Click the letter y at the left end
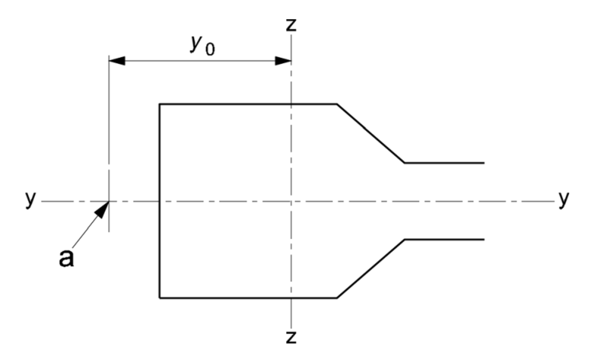click(x=30, y=199)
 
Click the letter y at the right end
click(x=564, y=199)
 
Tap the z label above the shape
click(x=291, y=24)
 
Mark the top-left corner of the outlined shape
click(x=159, y=104)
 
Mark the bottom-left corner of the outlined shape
click(x=159, y=298)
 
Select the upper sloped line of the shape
click(x=370, y=133)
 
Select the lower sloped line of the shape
click(x=370, y=269)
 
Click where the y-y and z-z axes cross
click(x=291, y=202)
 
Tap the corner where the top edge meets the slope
click(x=337, y=104)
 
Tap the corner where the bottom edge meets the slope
click(x=337, y=298)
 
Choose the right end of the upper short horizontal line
click(x=484, y=163)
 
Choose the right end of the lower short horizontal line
click(x=484, y=240)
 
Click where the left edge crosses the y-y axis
click(x=159, y=202)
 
